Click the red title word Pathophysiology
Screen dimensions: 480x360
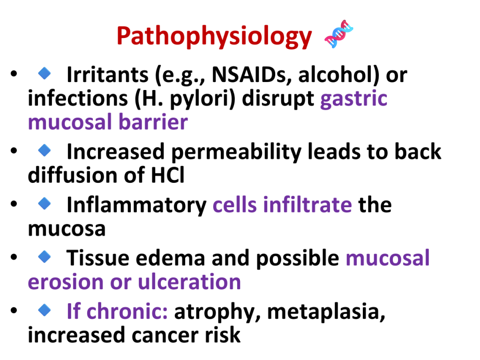click(214, 37)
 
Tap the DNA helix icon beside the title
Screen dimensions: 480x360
click(339, 34)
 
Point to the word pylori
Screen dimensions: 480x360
click(202, 99)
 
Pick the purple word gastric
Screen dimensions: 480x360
click(354, 99)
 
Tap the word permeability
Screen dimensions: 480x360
click(236, 152)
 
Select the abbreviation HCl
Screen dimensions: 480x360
click(168, 175)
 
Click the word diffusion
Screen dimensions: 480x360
click(73, 175)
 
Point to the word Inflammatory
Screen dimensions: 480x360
click(136, 205)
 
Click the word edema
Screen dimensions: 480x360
click(170, 258)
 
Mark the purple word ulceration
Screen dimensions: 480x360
click(189, 282)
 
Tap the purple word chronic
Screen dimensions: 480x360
click(127, 311)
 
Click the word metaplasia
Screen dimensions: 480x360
click(326, 312)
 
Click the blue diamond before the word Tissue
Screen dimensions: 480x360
click(45, 256)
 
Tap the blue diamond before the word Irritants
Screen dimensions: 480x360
click(45, 73)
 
